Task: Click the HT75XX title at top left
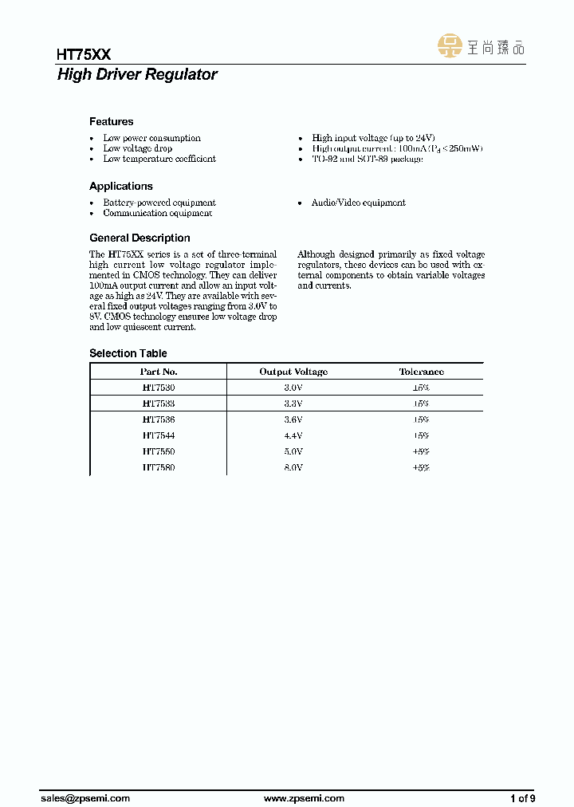[x=84, y=54]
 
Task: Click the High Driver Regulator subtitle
[x=137, y=75]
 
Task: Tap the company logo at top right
[x=482, y=46]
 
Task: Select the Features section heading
[x=111, y=122]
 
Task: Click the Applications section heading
[x=120, y=187]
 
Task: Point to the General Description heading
[x=140, y=238]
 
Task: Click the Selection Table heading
[x=128, y=353]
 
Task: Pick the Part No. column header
[x=158, y=372]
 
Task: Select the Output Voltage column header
[x=293, y=372]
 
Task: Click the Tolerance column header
[x=421, y=372]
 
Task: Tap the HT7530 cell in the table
[x=158, y=387]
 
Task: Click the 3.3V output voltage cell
[x=293, y=403]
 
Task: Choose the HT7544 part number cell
[x=158, y=436]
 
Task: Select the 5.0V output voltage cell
[x=293, y=452]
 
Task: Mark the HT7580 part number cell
[x=158, y=468]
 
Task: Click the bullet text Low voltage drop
[x=137, y=148]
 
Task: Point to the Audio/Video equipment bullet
[x=358, y=203]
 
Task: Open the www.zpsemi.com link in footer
[x=304, y=798]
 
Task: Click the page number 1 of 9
[x=522, y=798]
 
